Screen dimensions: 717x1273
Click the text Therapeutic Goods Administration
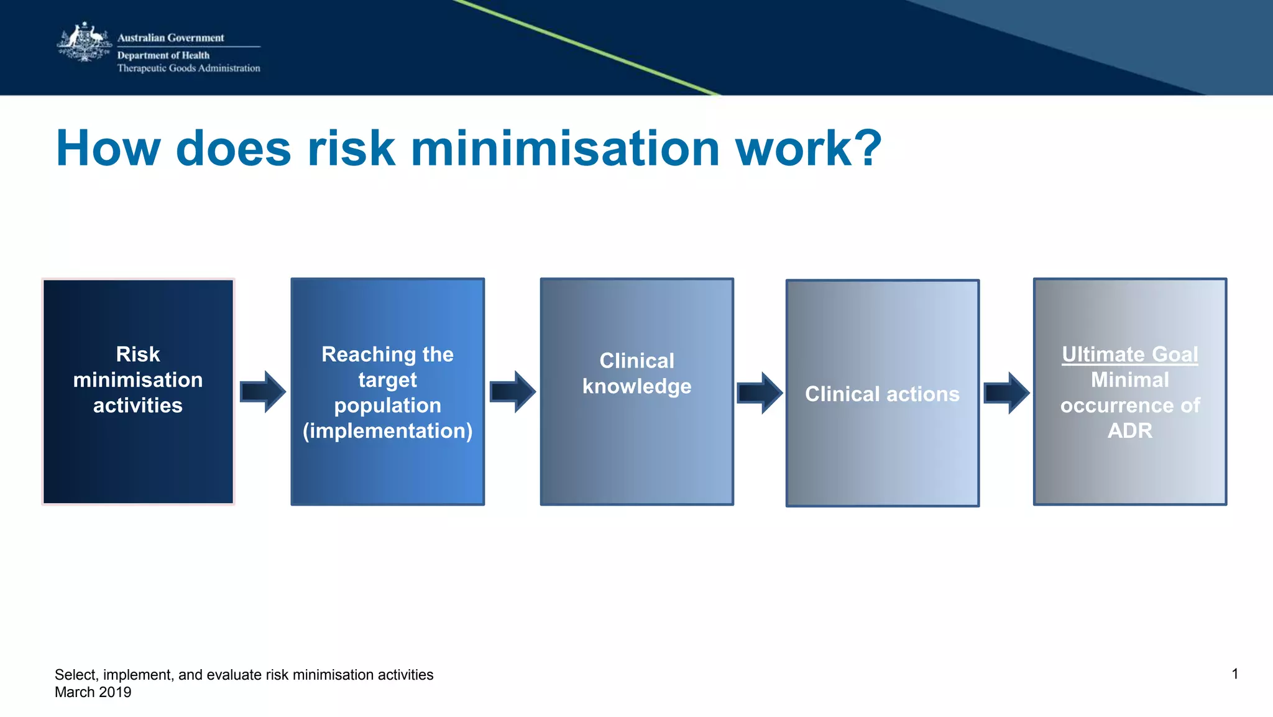tap(188, 68)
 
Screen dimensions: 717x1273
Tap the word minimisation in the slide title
tap(565, 149)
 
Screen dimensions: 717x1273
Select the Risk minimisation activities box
tap(138, 391)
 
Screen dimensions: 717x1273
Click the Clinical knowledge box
tap(636, 391)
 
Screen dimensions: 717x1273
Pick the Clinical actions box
tap(882, 393)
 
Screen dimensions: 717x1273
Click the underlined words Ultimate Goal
tap(1129, 354)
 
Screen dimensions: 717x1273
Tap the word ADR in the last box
tap(1129, 430)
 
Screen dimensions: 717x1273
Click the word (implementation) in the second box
tap(387, 430)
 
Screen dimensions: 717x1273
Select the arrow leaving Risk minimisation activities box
tap(263, 392)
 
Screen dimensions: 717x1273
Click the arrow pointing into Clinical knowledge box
tap(512, 392)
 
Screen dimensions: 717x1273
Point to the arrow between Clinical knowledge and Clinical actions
tap(760, 393)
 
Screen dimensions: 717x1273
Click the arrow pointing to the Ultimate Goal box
tap(1006, 393)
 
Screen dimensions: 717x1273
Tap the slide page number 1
tap(1234, 674)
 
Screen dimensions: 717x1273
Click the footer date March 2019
tap(93, 692)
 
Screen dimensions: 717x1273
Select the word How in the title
tap(108, 149)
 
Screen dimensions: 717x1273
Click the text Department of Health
tap(163, 55)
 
